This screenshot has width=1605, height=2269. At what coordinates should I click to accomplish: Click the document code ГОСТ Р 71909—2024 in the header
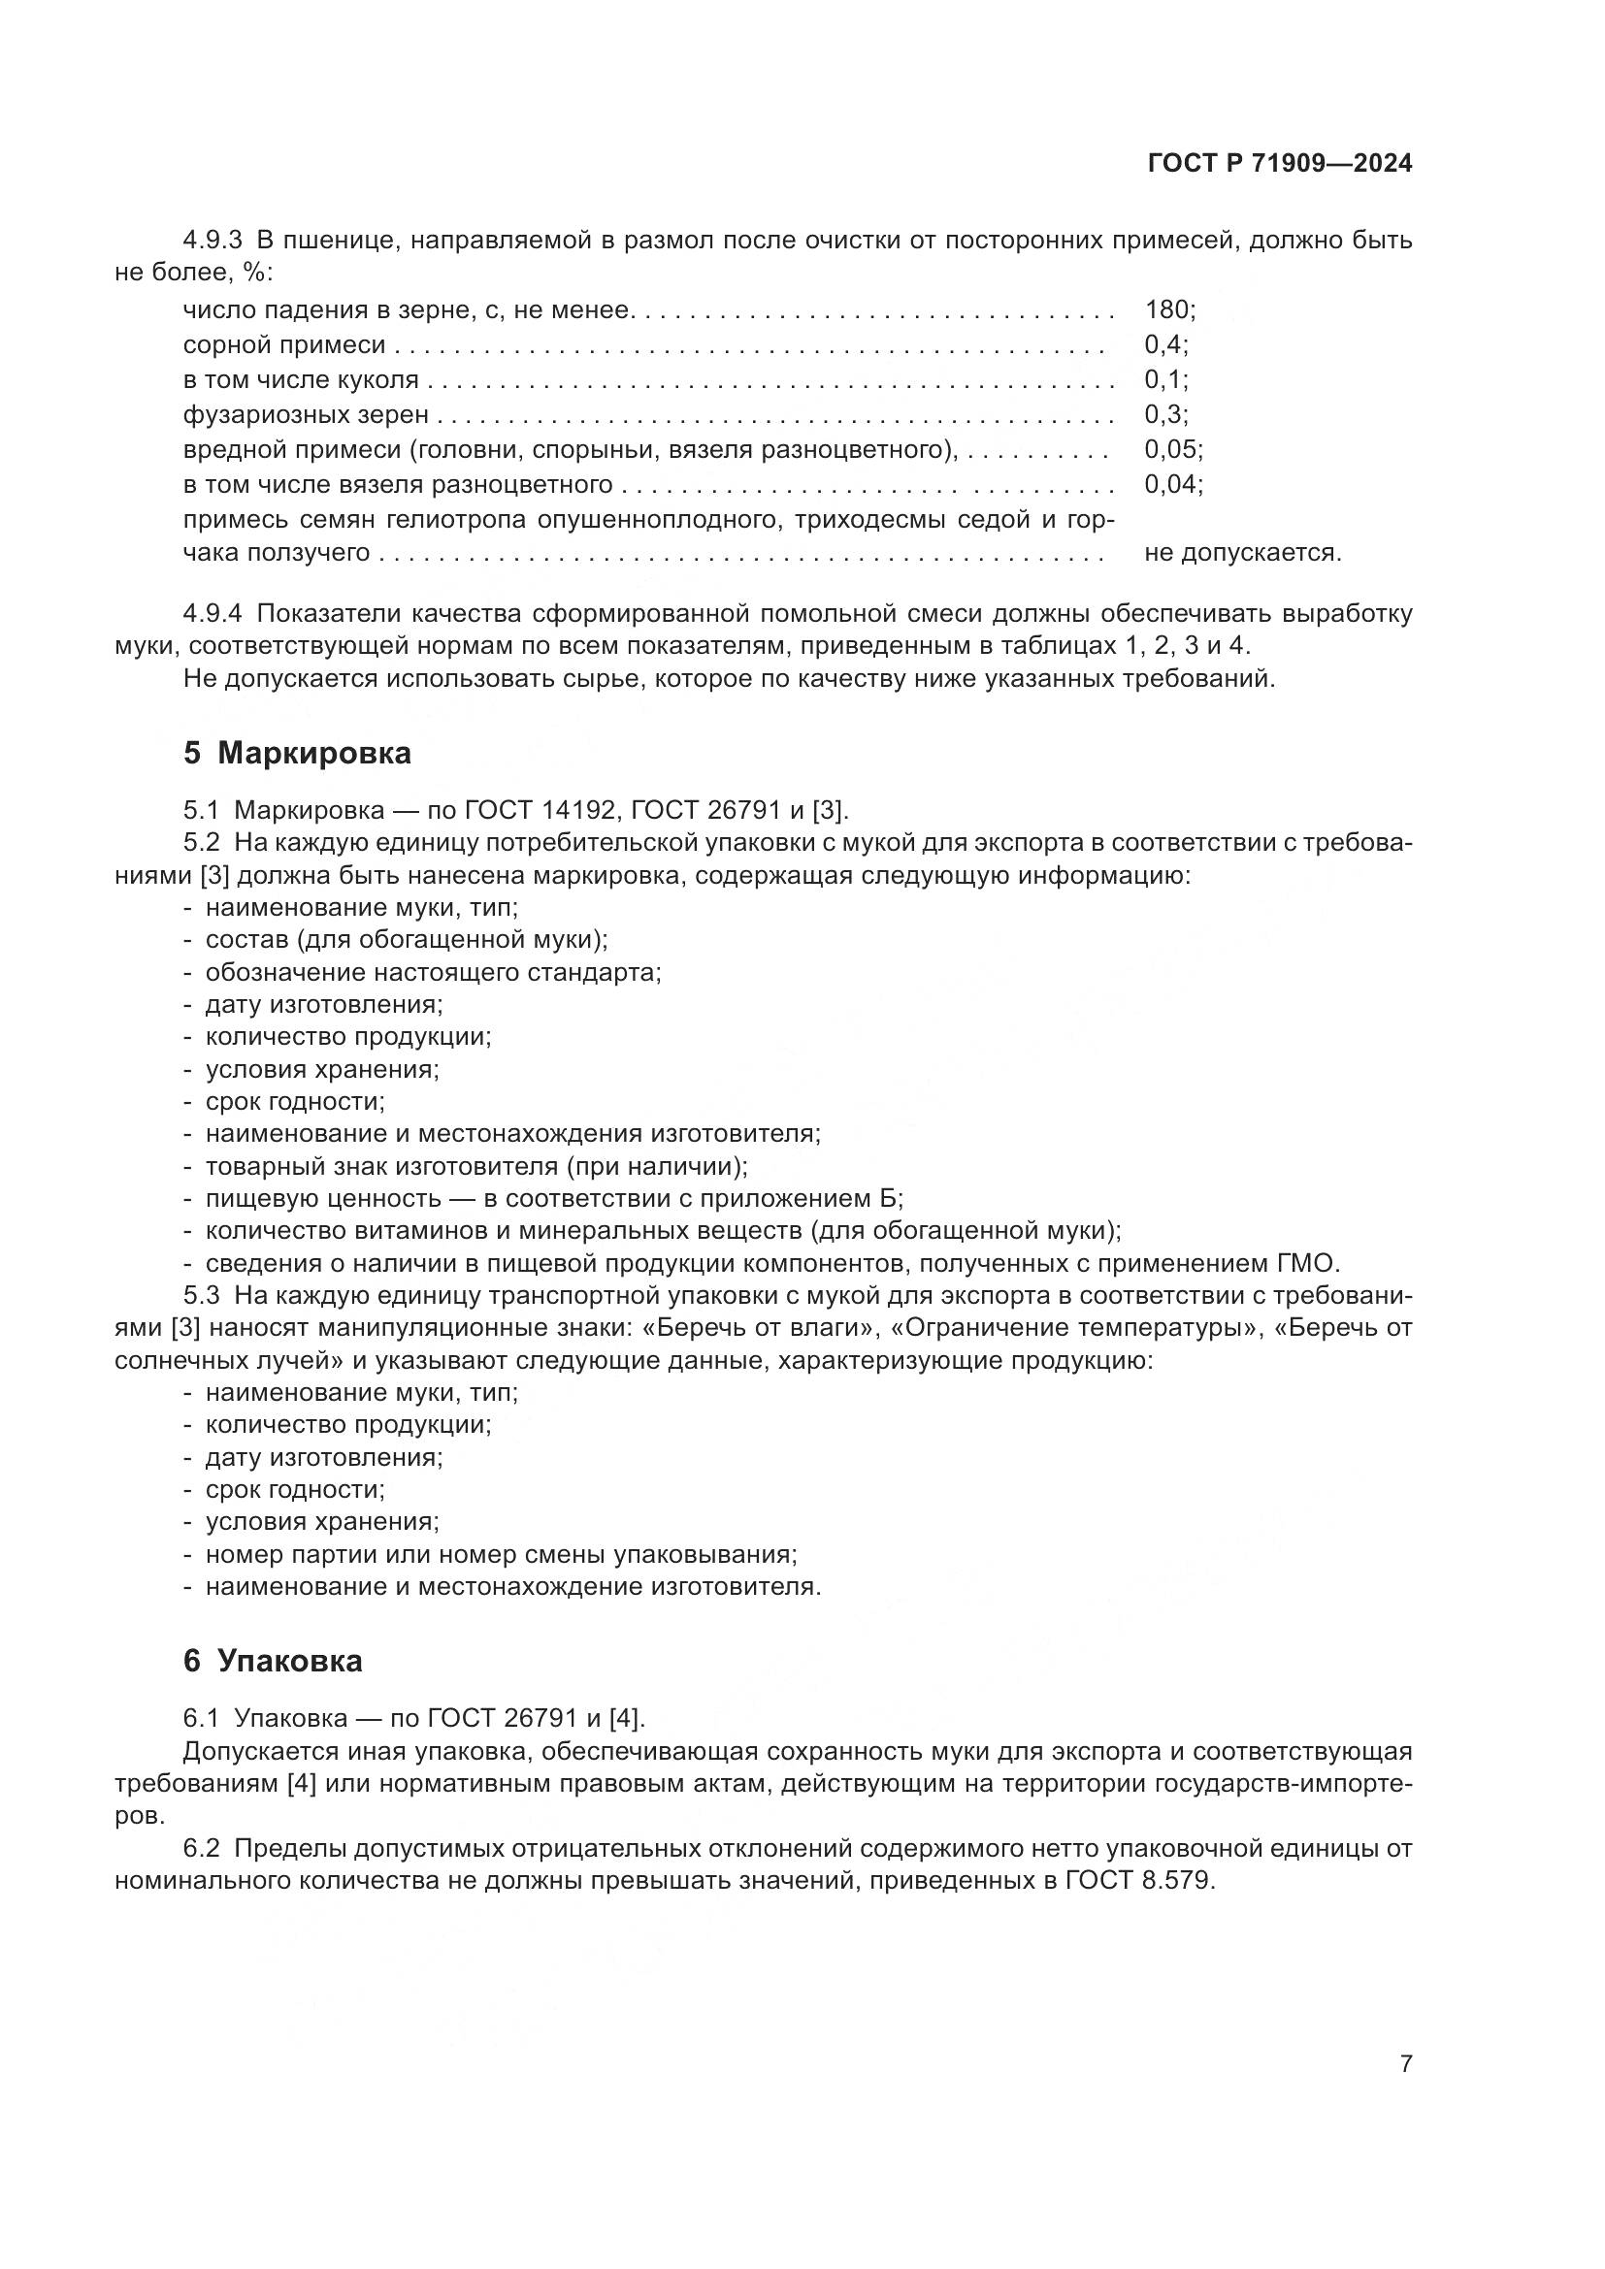1279,164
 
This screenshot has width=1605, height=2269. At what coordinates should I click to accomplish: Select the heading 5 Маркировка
297,753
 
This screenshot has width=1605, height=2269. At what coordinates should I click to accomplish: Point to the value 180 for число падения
1166,310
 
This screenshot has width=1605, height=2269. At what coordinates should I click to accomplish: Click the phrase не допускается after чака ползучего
1241,552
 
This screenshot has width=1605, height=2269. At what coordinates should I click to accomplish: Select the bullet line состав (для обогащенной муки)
406,939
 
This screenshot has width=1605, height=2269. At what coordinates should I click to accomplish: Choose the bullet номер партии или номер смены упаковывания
500,1554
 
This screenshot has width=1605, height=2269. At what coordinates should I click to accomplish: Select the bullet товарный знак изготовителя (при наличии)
475,1166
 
